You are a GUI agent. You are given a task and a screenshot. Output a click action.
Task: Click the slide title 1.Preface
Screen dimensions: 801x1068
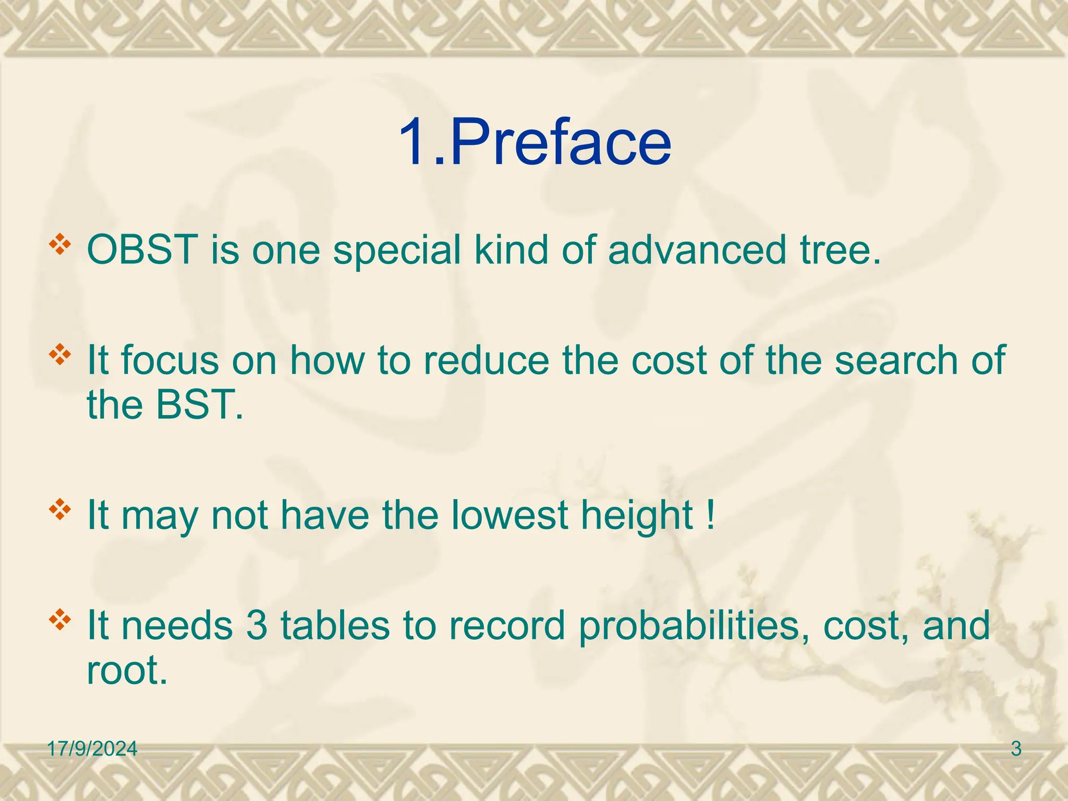click(x=535, y=142)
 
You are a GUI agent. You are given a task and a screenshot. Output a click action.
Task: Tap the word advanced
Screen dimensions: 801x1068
click(x=697, y=250)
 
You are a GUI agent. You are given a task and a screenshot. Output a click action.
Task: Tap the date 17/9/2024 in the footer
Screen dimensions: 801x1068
click(x=92, y=749)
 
